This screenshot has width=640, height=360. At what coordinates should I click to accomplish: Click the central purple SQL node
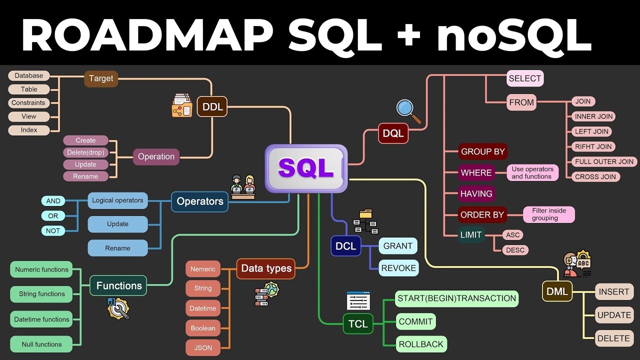pyautogui.click(x=306, y=168)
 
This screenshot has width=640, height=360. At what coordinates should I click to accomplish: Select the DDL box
pyautogui.click(x=212, y=106)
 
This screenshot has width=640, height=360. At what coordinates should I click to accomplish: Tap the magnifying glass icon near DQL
pyautogui.click(x=407, y=110)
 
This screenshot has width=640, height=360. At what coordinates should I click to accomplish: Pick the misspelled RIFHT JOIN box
pyautogui.click(x=593, y=146)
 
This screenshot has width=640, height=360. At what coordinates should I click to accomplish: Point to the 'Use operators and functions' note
pyautogui.click(x=532, y=172)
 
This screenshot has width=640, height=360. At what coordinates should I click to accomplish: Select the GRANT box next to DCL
pyautogui.click(x=398, y=246)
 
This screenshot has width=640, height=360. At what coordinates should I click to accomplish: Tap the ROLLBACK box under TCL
pyautogui.click(x=421, y=344)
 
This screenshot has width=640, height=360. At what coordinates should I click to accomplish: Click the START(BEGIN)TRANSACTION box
pyautogui.click(x=456, y=298)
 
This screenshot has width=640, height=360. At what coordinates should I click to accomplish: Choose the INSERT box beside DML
pyautogui.click(x=614, y=292)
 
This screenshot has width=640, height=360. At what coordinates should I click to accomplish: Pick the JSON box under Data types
pyautogui.click(x=203, y=348)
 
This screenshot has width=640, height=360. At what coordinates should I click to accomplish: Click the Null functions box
pyautogui.click(x=41, y=344)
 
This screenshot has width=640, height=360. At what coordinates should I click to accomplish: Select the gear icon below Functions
pyautogui.click(x=118, y=308)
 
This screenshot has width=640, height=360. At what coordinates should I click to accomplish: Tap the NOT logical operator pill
pyautogui.click(x=53, y=230)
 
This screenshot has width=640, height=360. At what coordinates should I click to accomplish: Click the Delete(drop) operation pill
pyautogui.click(x=85, y=152)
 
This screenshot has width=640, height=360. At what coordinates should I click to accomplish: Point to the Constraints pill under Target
pyautogui.click(x=29, y=103)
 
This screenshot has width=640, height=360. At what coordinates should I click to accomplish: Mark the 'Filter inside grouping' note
pyautogui.click(x=549, y=214)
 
